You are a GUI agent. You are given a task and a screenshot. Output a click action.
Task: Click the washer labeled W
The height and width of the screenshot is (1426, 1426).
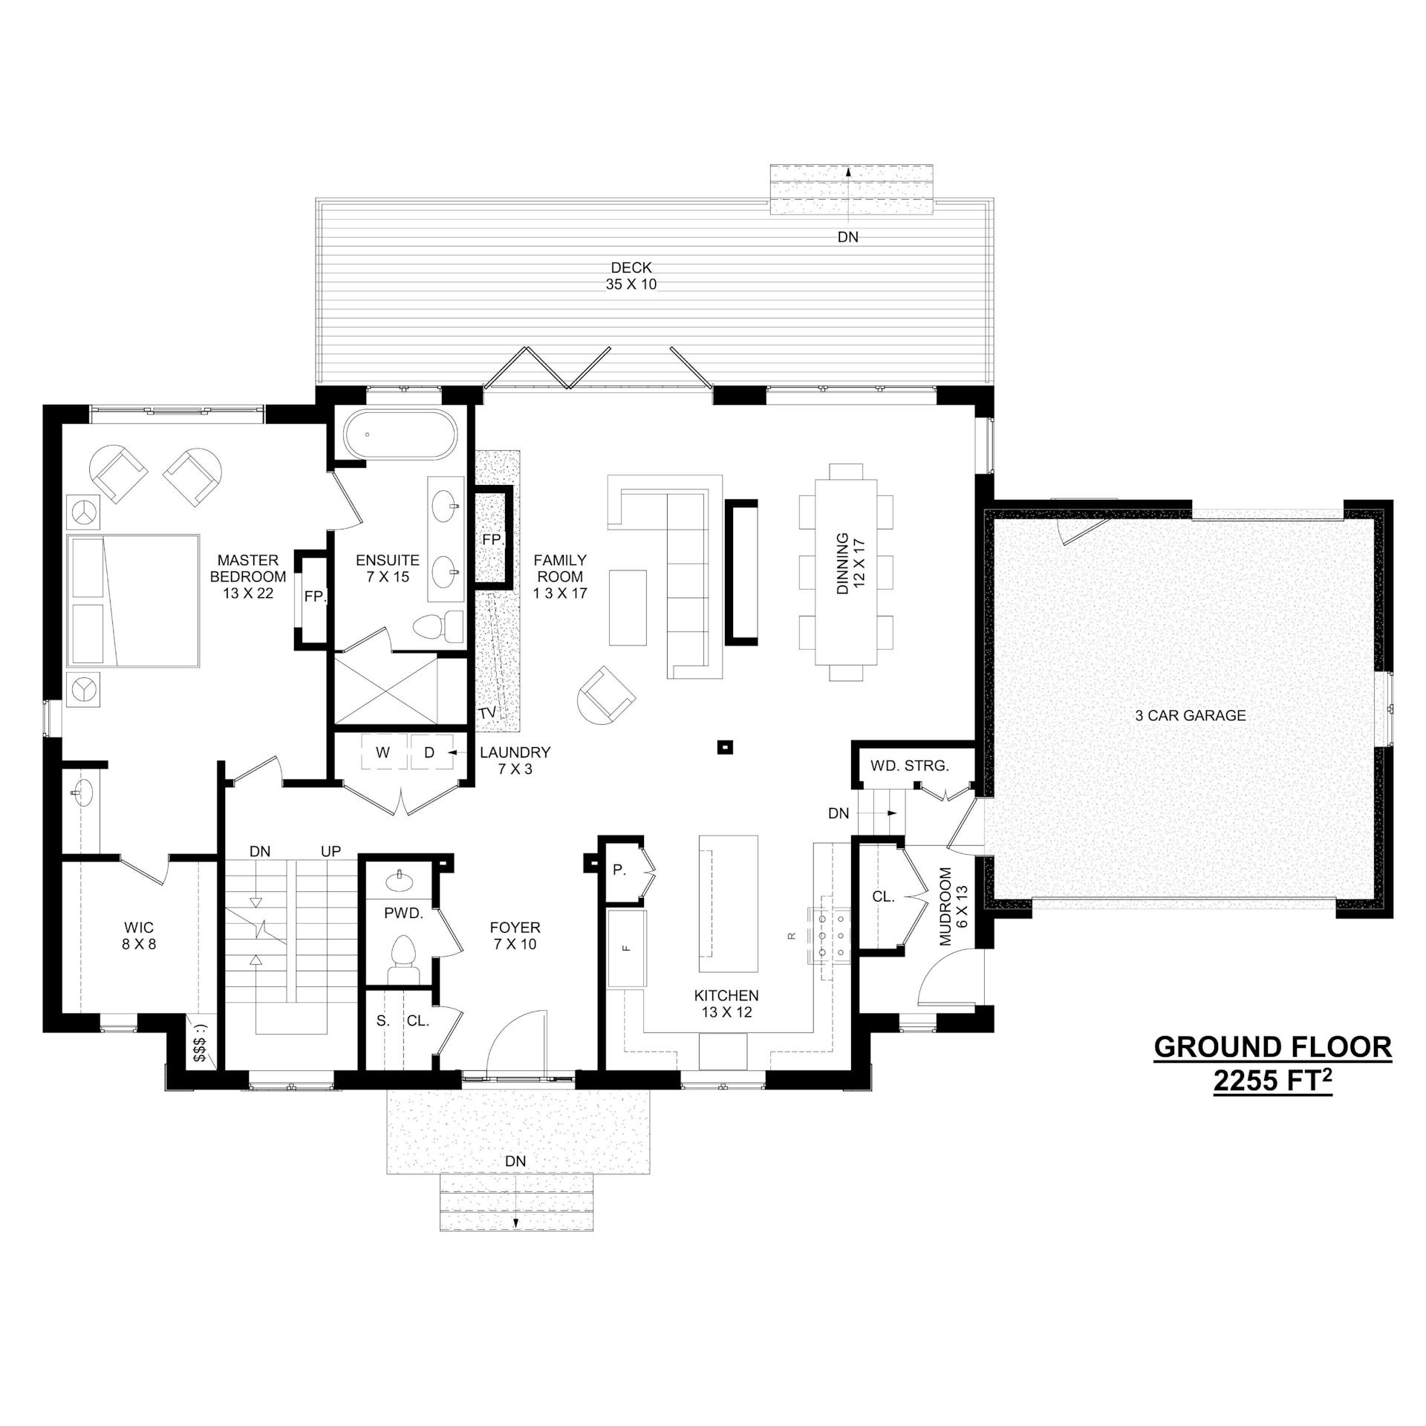pyautogui.click(x=382, y=752)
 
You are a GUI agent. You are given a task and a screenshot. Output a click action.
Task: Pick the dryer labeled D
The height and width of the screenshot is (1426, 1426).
pyautogui.click(x=429, y=752)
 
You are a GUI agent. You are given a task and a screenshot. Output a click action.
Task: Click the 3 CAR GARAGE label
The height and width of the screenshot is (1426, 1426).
pyautogui.click(x=1191, y=715)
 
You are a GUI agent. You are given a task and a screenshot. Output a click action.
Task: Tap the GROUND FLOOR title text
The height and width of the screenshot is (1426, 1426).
pyautogui.click(x=1273, y=1047)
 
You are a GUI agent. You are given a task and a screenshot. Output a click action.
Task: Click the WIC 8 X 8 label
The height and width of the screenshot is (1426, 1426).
pyautogui.click(x=139, y=937)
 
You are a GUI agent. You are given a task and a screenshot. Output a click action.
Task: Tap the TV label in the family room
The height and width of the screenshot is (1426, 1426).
pyautogui.click(x=487, y=713)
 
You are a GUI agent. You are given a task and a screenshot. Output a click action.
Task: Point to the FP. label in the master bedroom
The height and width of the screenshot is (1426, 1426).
pyautogui.click(x=315, y=596)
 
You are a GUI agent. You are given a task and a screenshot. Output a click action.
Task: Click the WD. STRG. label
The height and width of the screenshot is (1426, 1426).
pyautogui.click(x=910, y=766)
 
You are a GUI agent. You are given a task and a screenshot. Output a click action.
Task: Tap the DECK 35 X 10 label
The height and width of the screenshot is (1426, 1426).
pyautogui.click(x=631, y=276)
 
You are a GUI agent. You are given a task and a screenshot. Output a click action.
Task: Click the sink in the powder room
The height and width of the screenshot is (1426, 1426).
pyautogui.click(x=402, y=881)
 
